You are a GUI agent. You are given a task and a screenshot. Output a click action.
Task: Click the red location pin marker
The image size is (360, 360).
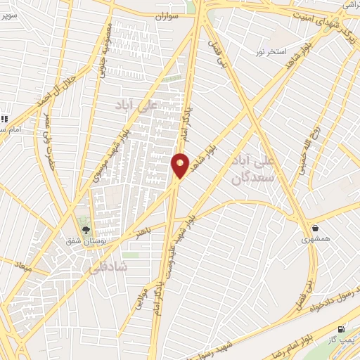(x=180, y=165)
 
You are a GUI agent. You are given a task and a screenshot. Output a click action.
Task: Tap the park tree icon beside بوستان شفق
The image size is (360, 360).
(x=86, y=229)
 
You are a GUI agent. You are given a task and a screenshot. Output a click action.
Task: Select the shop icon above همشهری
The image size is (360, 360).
(x=314, y=228)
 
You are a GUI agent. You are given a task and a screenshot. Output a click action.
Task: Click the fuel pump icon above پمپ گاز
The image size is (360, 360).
(x=342, y=328)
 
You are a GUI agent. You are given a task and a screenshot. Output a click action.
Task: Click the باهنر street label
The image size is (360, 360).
(x=145, y=231)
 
